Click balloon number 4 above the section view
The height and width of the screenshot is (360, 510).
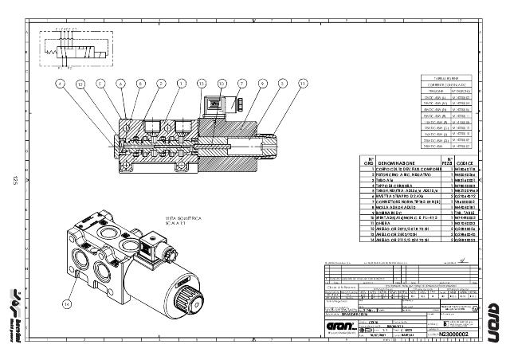coord(59,82)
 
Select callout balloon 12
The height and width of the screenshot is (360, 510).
coord(80,82)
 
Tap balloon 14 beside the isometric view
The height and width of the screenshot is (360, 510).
coord(67,303)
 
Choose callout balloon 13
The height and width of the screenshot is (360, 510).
coord(201,82)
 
